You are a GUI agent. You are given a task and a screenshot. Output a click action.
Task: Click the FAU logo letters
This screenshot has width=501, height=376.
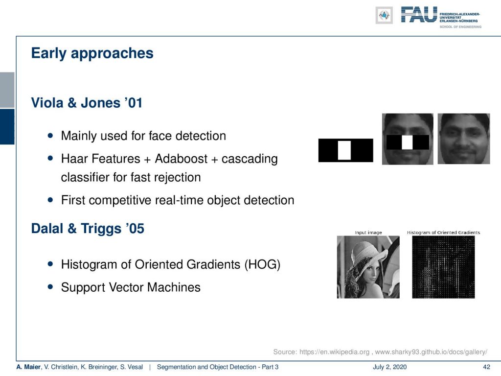(x=419, y=15)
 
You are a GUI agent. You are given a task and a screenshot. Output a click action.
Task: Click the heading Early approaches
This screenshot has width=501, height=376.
(x=92, y=53)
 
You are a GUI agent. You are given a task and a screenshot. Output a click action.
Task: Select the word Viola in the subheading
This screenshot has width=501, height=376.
(x=47, y=103)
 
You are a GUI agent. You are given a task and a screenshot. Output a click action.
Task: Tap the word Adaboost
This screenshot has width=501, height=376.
(x=181, y=159)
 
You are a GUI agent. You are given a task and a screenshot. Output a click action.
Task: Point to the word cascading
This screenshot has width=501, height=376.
(x=249, y=159)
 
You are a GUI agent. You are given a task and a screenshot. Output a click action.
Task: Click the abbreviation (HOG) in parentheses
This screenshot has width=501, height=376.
(x=262, y=265)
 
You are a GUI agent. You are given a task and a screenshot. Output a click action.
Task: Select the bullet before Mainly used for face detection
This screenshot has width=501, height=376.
(x=50, y=136)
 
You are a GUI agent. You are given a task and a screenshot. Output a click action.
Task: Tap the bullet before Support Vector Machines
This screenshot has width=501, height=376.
(x=50, y=287)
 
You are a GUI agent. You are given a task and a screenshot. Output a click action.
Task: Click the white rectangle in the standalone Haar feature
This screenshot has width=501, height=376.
(x=344, y=150)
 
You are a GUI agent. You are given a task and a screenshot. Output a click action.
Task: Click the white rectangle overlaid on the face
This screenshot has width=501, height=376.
(x=407, y=142)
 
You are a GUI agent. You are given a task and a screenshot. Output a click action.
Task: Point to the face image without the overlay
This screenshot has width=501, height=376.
(x=464, y=139)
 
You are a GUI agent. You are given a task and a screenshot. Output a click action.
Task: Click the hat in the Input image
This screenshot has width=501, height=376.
(x=368, y=253)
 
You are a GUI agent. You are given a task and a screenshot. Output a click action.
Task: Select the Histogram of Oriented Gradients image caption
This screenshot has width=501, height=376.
(x=443, y=233)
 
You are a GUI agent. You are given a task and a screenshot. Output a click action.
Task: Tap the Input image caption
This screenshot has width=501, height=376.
(x=368, y=233)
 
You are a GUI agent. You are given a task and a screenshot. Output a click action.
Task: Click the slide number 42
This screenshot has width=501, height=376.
(x=486, y=367)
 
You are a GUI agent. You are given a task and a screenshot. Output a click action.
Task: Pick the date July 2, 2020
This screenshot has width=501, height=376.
(x=389, y=367)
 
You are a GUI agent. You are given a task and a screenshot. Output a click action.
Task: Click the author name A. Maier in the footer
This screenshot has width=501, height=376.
(x=29, y=367)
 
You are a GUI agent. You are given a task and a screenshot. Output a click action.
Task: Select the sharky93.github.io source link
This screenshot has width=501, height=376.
(x=431, y=352)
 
